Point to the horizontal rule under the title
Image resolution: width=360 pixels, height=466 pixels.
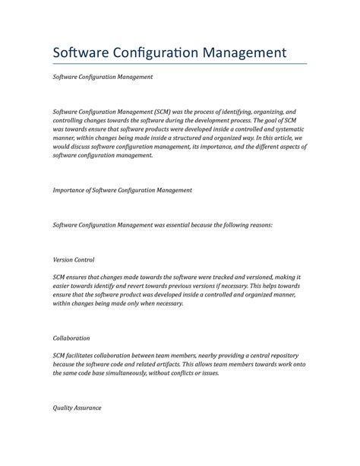coord(179,64)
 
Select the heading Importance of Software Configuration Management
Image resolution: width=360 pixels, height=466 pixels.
coord(122,190)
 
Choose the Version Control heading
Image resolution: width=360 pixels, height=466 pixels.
coord(74,260)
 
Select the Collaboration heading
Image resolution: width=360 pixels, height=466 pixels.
coord(71,338)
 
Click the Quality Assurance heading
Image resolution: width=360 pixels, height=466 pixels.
coord(77,408)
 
